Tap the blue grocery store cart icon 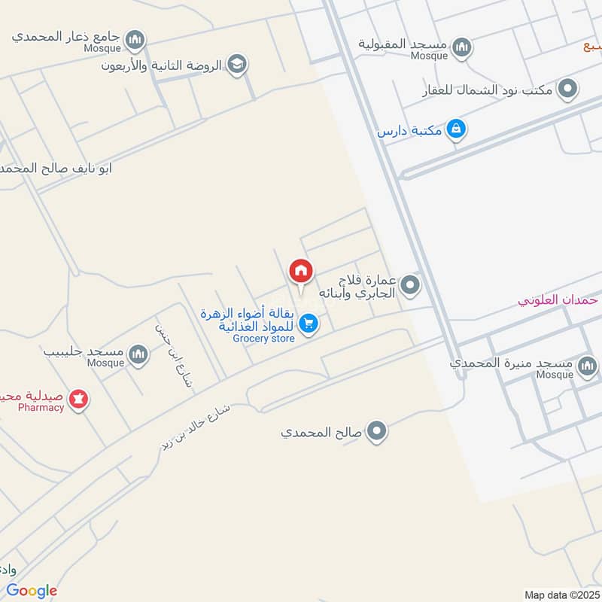pos(308,324)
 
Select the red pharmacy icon pos(77,399)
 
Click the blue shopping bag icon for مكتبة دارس pos(455,130)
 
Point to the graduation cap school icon pos(237,65)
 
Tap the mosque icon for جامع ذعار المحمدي pos(135,38)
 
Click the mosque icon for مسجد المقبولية pos(461,47)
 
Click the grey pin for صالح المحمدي pos(377,432)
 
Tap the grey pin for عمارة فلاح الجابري pos(410,285)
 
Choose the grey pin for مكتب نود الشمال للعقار pos(570,90)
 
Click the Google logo pos(32,590)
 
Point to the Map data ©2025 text pos(561,594)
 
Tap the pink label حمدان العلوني pos(558,299)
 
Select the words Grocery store pos(263,339)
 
